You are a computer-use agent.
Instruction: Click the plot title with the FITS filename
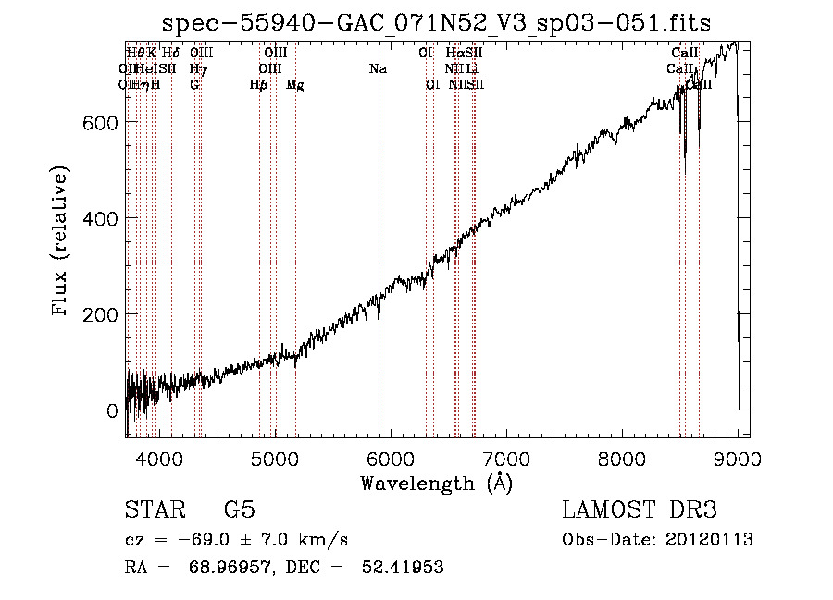436,24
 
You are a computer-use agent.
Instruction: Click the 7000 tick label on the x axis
506,457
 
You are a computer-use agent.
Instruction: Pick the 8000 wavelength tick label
622,457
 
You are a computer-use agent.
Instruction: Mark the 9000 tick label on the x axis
738,457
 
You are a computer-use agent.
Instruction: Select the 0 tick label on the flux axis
113,410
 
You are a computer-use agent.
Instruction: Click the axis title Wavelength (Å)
436,483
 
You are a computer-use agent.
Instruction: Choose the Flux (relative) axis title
62,243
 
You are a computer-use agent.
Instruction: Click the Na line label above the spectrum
378,69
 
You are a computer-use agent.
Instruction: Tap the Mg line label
295,85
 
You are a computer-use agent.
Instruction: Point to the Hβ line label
259,85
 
